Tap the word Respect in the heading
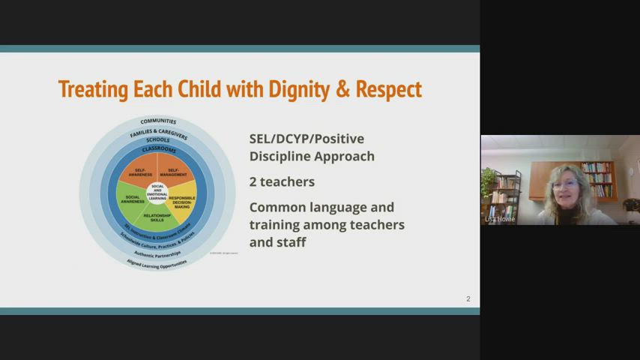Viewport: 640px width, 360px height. [388, 89]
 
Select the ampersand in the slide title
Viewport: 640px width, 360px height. [342, 89]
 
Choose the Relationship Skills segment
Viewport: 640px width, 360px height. [157, 217]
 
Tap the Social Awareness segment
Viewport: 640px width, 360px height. [130, 200]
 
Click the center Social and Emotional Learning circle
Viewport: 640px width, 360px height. [157, 190]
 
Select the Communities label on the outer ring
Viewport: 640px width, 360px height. [158, 121]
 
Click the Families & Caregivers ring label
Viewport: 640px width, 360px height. [158, 133]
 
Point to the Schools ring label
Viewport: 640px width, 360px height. [157, 140]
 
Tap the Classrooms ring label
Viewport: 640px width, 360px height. [158, 149]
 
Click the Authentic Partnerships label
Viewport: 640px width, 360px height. [157, 253]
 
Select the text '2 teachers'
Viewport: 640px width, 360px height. [282, 181]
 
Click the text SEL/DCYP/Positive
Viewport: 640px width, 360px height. [306, 139]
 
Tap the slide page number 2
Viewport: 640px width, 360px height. [468, 299]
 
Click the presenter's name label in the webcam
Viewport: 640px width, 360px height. [500, 219]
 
